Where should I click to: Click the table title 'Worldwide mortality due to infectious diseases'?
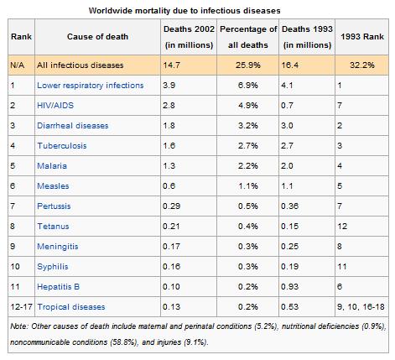(197, 9)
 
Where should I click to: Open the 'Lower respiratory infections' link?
(90, 85)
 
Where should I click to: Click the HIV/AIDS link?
(55, 105)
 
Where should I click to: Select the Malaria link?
(51, 165)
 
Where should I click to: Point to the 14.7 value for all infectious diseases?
(172, 65)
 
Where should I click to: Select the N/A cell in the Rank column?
(18, 65)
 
